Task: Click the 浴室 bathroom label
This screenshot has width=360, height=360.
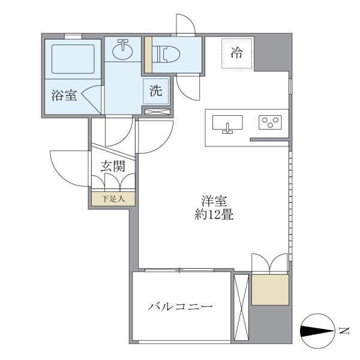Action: coord(64,95)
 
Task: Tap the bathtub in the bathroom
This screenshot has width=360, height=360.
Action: coord(71,59)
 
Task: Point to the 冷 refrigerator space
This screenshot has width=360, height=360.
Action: coord(237,53)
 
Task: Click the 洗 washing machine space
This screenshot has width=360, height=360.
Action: coord(156,92)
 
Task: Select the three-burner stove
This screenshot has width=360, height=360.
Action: coord(271,122)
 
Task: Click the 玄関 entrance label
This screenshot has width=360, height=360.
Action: coord(112,167)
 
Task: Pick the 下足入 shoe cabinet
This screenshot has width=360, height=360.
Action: coord(113,198)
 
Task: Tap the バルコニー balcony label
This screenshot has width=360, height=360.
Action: coord(181,307)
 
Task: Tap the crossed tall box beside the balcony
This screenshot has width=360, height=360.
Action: coord(241,307)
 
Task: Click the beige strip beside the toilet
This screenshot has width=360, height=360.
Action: coord(147,55)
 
